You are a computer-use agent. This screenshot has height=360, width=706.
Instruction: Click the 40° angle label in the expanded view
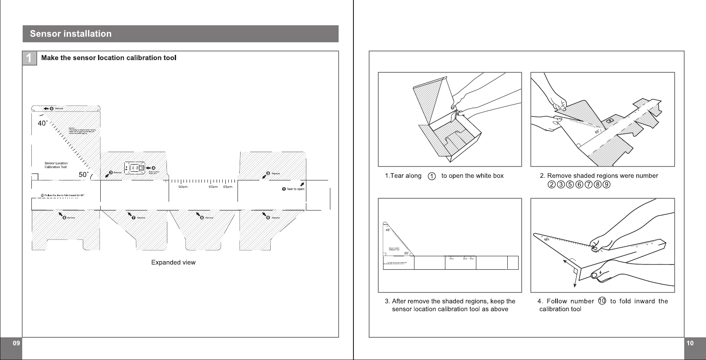42,123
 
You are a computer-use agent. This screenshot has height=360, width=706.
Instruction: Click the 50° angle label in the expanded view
84,175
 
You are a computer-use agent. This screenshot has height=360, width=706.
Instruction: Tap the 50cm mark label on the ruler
183,187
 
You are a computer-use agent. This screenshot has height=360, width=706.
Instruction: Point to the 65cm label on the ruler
227,187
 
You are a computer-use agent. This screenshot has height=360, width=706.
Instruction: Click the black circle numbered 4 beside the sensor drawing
153,168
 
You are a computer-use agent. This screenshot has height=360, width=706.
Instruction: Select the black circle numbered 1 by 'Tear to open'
284,189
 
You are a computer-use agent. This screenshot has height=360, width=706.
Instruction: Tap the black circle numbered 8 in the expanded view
202,217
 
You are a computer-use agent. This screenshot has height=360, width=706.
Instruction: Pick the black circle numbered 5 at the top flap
52,109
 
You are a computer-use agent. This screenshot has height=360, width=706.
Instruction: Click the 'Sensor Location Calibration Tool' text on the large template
56,165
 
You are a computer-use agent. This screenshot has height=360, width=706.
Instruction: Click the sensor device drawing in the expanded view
135,168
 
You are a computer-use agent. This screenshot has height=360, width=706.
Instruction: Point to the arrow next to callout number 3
107,175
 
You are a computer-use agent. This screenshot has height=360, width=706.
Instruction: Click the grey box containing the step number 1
29,58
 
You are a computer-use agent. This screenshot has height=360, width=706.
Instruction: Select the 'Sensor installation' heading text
71,34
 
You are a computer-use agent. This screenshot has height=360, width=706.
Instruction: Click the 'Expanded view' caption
173,262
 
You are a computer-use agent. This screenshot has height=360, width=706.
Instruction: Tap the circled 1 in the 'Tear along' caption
431,177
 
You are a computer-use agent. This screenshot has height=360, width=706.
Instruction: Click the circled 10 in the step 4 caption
602,301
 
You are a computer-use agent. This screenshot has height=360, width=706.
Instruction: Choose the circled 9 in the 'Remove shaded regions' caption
606,184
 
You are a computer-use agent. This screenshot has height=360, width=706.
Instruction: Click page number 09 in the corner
16,343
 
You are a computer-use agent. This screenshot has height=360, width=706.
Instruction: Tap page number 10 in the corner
690,343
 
